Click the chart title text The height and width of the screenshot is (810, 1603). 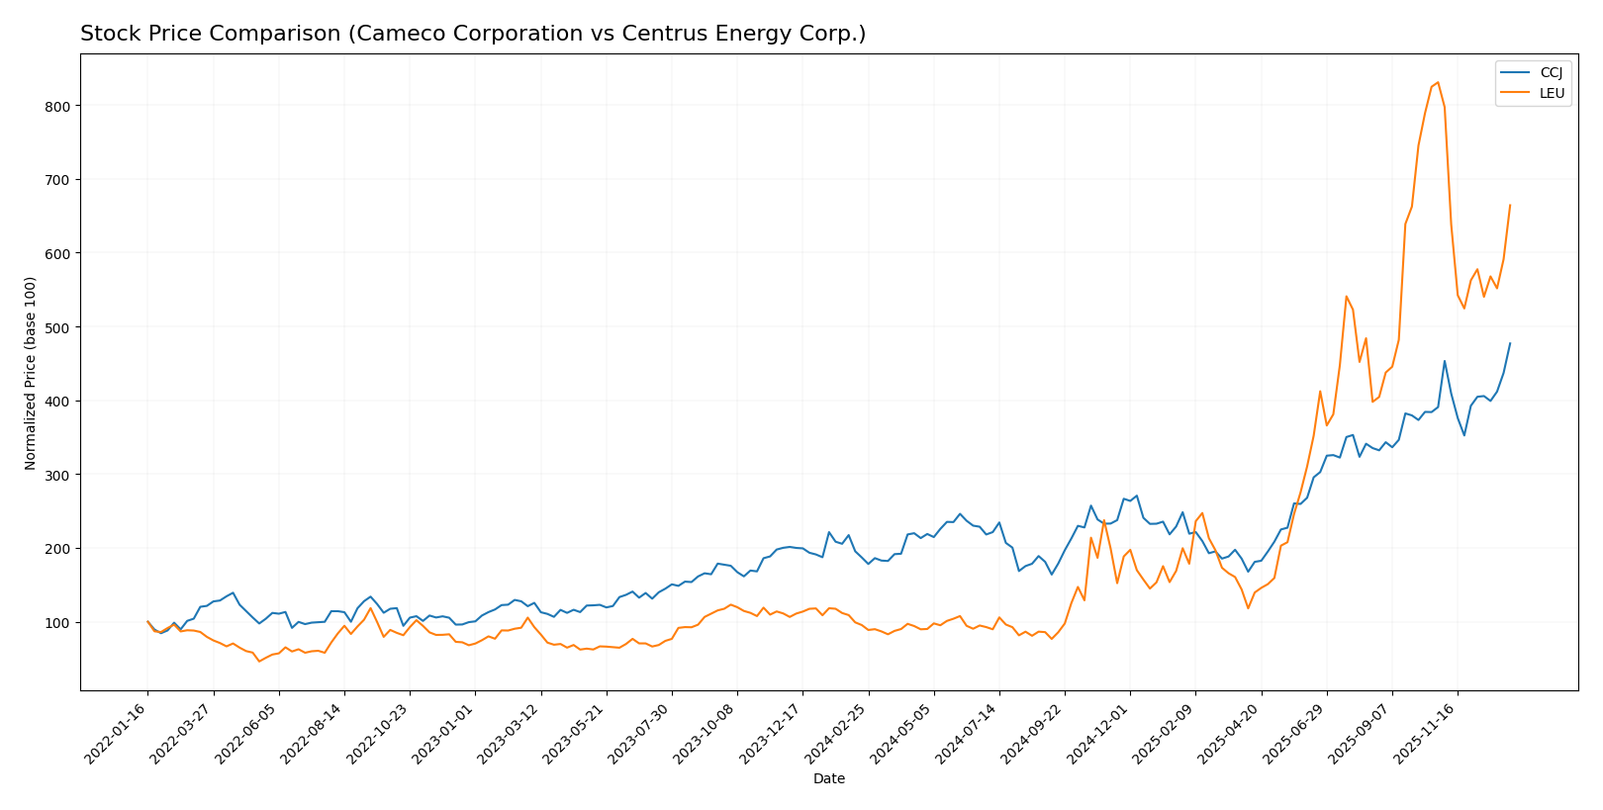(473, 34)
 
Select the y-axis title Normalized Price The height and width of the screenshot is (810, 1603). (31, 373)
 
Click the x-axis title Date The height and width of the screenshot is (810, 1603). (828, 779)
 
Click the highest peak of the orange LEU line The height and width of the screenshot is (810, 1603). (1438, 83)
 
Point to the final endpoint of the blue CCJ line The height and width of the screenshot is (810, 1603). (1510, 343)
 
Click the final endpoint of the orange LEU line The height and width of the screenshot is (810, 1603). (1510, 206)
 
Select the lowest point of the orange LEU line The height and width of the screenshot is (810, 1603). (259, 661)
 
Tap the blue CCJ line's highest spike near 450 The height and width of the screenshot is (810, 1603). (1445, 361)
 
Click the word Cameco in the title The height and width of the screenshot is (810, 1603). (386, 34)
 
